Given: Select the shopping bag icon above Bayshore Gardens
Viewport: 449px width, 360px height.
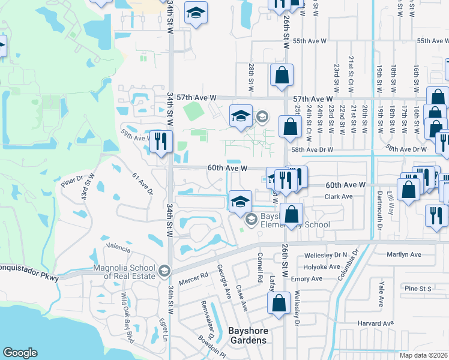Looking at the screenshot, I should coord(280,304).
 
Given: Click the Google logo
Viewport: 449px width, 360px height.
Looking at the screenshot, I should coord(20,353).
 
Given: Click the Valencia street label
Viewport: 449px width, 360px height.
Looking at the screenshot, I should coord(118,246).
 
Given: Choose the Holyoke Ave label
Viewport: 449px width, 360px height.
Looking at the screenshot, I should coord(323,266).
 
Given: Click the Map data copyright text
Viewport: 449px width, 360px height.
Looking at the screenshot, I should coord(424,355).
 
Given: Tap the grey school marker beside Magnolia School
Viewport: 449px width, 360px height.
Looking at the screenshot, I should coord(163,272).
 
